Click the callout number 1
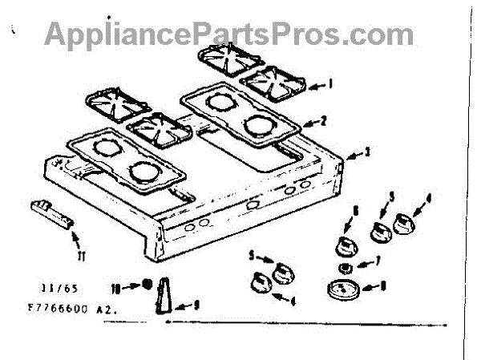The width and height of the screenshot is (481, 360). click(329, 83)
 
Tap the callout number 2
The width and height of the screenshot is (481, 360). click(324, 122)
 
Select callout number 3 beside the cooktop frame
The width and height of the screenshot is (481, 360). click(368, 150)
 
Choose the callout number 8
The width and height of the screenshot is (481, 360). click(382, 284)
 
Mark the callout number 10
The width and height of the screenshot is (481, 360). click(115, 286)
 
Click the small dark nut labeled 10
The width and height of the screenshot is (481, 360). click(147, 284)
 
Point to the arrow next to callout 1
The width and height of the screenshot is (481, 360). click(317, 84)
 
